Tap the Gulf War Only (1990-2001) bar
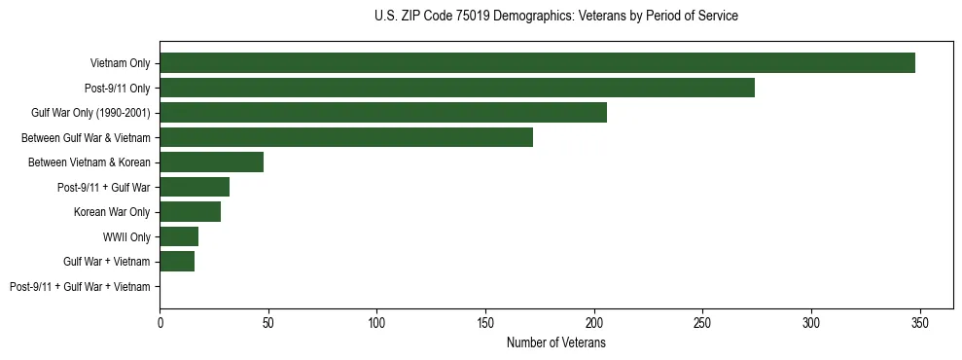[x=383, y=113]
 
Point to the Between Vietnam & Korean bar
[x=211, y=162]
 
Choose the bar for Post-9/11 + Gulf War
[x=195, y=187]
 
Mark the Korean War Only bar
[x=190, y=212]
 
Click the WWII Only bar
[x=179, y=236]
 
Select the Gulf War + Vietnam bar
[x=177, y=262]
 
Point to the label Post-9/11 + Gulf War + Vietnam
[x=80, y=287]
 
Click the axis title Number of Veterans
[x=555, y=342]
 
